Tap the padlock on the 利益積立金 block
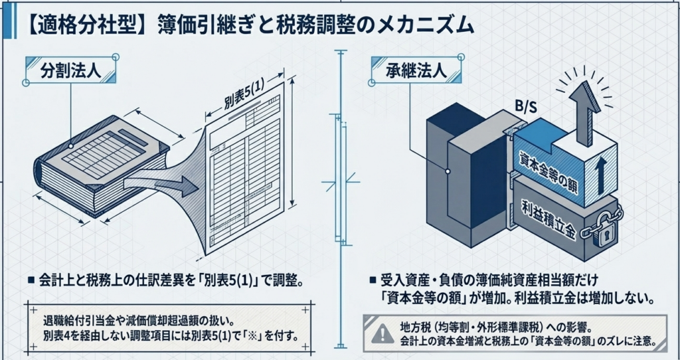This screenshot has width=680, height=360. (x=602, y=228)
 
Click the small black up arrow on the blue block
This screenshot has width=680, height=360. (x=600, y=175)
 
